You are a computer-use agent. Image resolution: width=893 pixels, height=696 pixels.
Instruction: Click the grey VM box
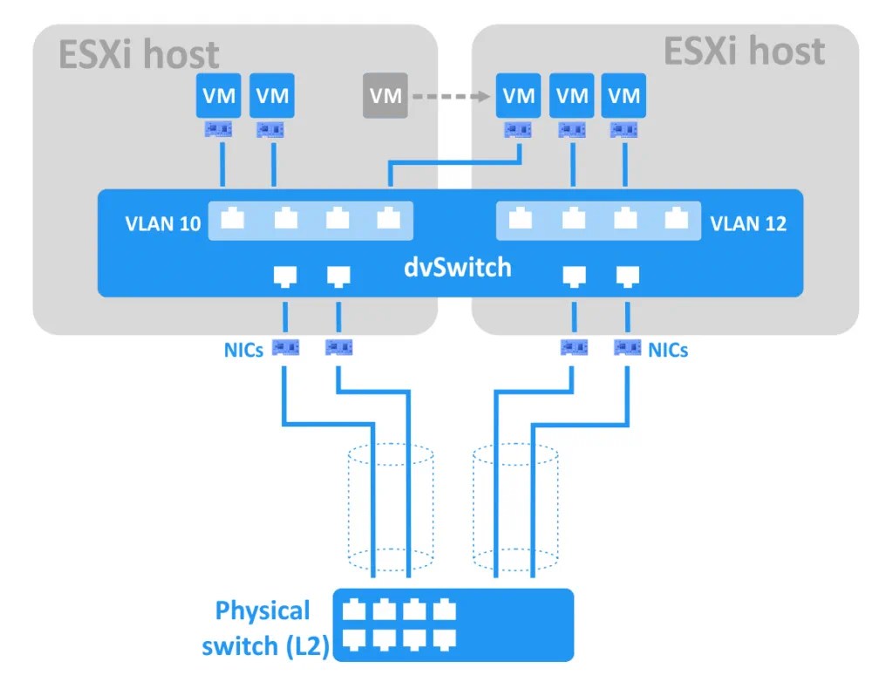click(385, 96)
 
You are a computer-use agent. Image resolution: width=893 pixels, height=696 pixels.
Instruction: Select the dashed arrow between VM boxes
click(448, 96)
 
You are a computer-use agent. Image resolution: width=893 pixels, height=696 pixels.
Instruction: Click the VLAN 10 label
click(162, 223)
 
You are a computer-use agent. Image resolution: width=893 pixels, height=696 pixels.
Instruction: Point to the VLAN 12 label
click(748, 223)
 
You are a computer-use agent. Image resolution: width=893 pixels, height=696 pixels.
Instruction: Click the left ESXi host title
click(139, 55)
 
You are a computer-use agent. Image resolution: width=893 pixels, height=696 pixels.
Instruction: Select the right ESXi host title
click(744, 51)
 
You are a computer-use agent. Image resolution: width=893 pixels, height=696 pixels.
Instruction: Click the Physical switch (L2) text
click(263, 628)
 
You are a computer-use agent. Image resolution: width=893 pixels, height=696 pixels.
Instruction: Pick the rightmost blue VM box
click(624, 96)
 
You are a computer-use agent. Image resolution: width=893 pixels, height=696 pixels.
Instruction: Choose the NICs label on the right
click(667, 350)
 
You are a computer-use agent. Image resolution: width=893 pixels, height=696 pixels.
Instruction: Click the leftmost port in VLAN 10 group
click(232, 219)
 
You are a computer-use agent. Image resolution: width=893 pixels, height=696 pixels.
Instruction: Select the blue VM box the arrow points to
click(519, 96)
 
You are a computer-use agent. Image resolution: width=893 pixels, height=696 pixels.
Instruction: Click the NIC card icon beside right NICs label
click(627, 347)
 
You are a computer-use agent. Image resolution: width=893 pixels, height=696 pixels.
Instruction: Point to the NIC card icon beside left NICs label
click(286, 347)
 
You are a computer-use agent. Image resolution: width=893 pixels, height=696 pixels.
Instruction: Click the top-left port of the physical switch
click(354, 610)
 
